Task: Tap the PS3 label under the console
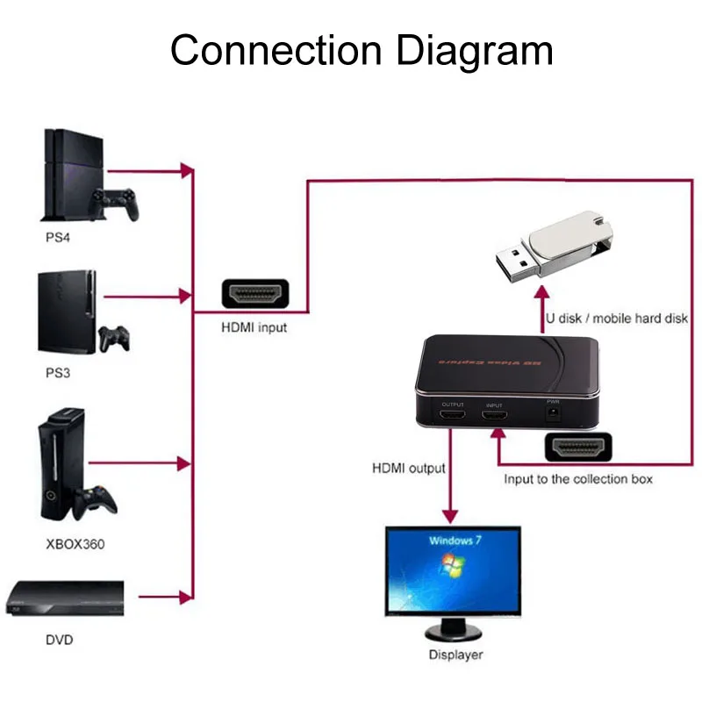pos(58,372)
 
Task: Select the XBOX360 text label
pos(75,543)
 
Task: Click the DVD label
pos(59,640)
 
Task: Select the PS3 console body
pos(65,312)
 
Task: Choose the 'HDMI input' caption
pos(254,328)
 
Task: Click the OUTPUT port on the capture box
pos(453,417)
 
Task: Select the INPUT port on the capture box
pos(494,417)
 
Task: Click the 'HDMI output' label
pos(409,469)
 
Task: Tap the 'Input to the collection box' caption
pos(577,479)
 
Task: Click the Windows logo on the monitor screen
pos(454,567)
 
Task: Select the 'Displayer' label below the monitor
pos(455,655)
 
